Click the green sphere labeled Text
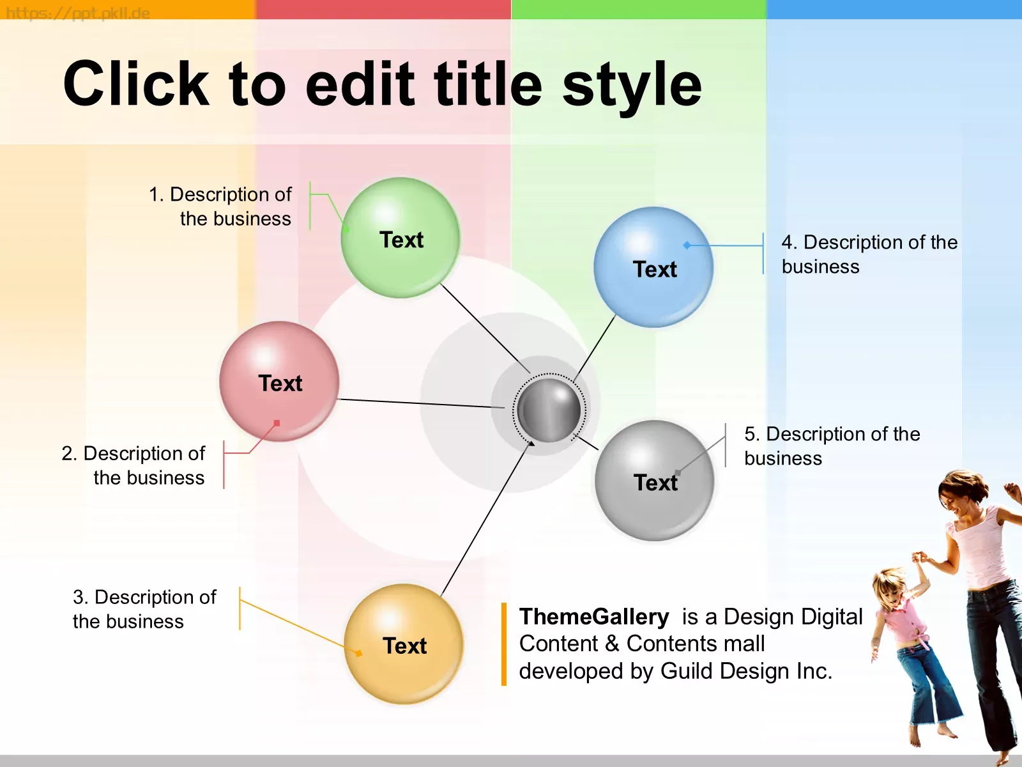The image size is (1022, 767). pyautogui.click(x=400, y=238)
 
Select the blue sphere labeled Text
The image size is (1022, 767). pyautogui.click(x=653, y=267)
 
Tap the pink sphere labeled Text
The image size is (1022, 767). pyautogui.click(x=279, y=382)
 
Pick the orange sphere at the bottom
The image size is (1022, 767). pyautogui.click(x=404, y=644)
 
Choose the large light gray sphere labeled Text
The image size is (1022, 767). pyautogui.click(x=655, y=481)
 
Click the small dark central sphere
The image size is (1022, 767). pyautogui.click(x=549, y=410)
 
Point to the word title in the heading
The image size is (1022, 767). pyautogui.click(x=488, y=84)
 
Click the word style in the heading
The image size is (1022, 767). pyautogui.click(x=632, y=88)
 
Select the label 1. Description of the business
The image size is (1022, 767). pyautogui.click(x=220, y=206)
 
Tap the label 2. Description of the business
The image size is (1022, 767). pyautogui.click(x=133, y=465)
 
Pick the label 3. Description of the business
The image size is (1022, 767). pyautogui.click(x=144, y=609)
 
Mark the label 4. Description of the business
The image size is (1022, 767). pyautogui.click(x=869, y=254)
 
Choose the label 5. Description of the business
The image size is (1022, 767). pyautogui.click(x=832, y=445)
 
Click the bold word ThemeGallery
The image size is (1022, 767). pyautogui.click(x=594, y=617)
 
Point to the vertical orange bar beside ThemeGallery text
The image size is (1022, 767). pyautogui.click(x=504, y=644)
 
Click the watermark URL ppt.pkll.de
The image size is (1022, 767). pyautogui.click(x=78, y=13)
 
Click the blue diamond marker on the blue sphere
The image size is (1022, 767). pyautogui.click(x=687, y=245)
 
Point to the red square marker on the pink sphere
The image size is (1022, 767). pyautogui.click(x=277, y=423)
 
